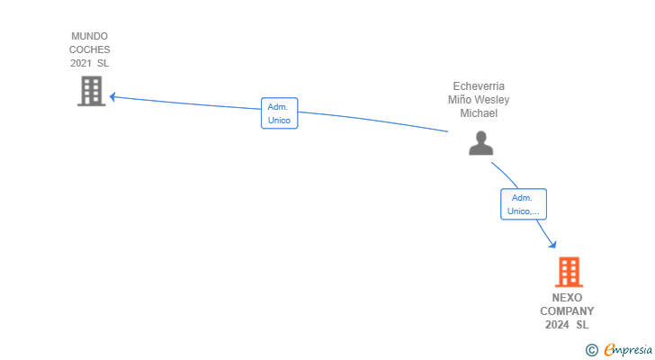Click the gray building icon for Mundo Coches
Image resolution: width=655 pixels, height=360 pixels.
(91, 91)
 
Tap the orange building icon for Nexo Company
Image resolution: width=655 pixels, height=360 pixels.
(569, 272)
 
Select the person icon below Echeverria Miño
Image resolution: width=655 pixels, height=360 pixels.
(481, 143)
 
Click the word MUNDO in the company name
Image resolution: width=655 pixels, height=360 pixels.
(90, 37)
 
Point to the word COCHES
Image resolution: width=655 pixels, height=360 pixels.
(90, 49)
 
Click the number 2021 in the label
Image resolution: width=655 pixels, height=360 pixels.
(81, 63)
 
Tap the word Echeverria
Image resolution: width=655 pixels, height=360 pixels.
(479, 86)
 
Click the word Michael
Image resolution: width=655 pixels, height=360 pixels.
(479, 113)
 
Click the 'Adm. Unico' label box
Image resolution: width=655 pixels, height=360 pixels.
(279, 113)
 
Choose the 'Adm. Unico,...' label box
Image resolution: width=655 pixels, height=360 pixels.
(524, 204)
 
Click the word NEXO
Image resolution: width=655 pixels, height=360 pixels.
(568, 298)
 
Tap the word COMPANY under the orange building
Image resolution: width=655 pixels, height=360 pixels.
(568, 311)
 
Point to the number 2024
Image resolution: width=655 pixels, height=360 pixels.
(557, 325)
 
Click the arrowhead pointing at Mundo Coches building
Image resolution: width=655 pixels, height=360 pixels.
(112, 96)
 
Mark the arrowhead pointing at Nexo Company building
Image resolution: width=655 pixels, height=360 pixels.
(552, 245)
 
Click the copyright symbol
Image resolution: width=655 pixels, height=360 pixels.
(591, 349)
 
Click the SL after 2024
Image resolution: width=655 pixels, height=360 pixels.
(583, 325)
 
